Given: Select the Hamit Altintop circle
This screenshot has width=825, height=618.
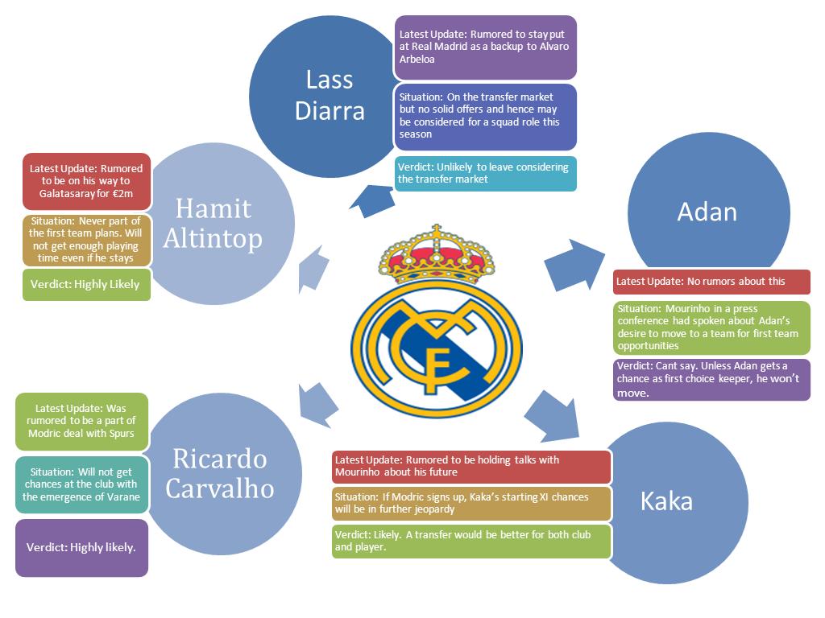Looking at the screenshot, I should [214, 223].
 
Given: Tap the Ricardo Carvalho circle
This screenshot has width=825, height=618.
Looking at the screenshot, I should [219, 473].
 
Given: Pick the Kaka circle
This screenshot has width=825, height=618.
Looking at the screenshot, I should [666, 501].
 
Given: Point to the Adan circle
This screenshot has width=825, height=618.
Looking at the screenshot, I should [707, 211].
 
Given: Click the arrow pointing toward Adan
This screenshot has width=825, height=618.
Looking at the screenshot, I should [574, 264].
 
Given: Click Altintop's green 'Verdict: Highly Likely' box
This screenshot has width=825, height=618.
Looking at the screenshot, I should [86, 284].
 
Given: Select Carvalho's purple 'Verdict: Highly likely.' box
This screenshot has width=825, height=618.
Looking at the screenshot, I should [81, 547].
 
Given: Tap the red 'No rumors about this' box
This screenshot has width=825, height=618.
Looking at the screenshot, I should [711, 282].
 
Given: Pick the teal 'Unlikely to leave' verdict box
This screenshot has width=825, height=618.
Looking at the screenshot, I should [486, 173].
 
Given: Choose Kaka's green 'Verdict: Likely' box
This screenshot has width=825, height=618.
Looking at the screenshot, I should [471, 541].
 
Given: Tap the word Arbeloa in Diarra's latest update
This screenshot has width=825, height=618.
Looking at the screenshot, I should [417, 59].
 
